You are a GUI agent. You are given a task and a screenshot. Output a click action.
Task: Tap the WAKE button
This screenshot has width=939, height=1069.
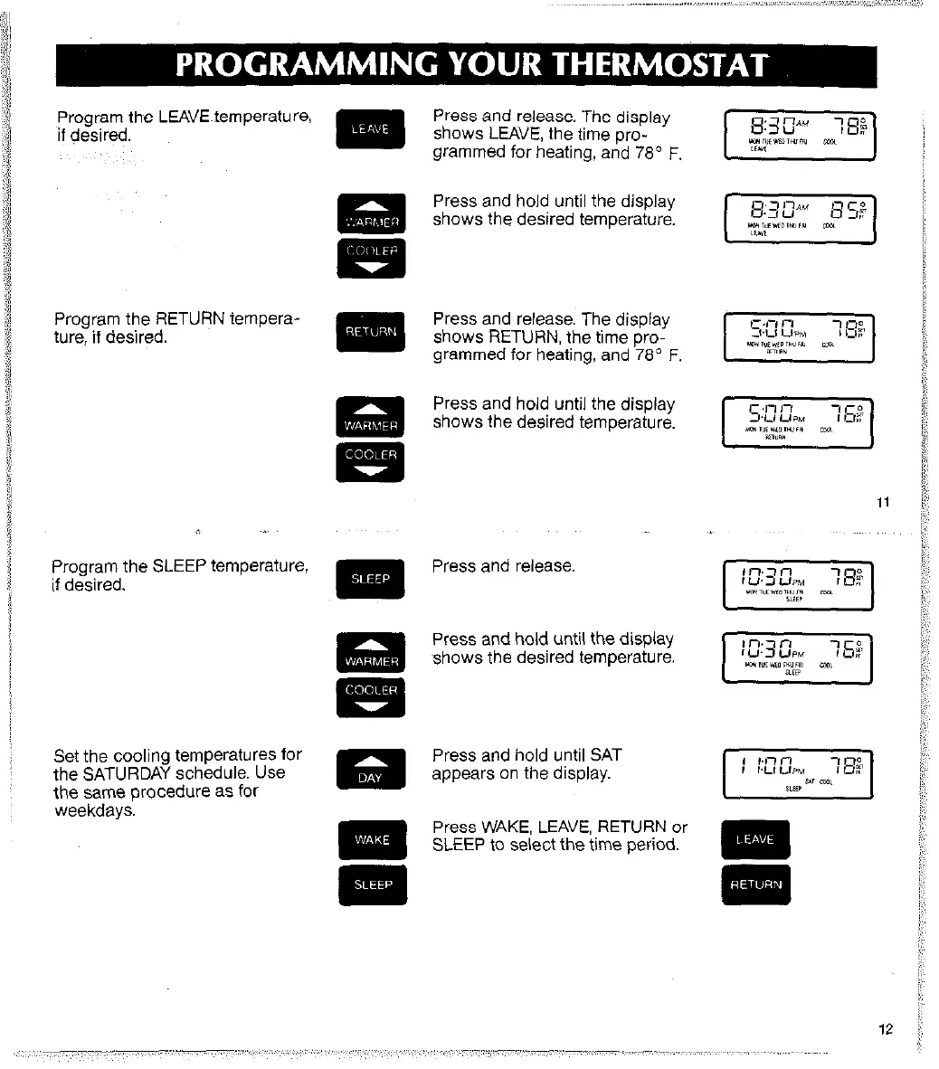tap(372, 839)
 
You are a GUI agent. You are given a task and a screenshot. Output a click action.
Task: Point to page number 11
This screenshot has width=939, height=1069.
tap(884, 503)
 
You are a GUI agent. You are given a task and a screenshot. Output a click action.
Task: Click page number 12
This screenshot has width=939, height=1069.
tap(884, 1028)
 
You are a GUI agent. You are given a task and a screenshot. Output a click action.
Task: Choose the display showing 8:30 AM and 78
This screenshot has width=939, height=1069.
tap(799, 135)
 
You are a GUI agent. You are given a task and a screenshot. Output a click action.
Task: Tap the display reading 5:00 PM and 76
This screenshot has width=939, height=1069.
tap(799, 422)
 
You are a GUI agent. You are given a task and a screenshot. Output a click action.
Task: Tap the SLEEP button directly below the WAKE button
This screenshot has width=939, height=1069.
tap(372, 885)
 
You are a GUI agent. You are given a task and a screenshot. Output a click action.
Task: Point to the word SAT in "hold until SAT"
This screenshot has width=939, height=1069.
tap(605, 755)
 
